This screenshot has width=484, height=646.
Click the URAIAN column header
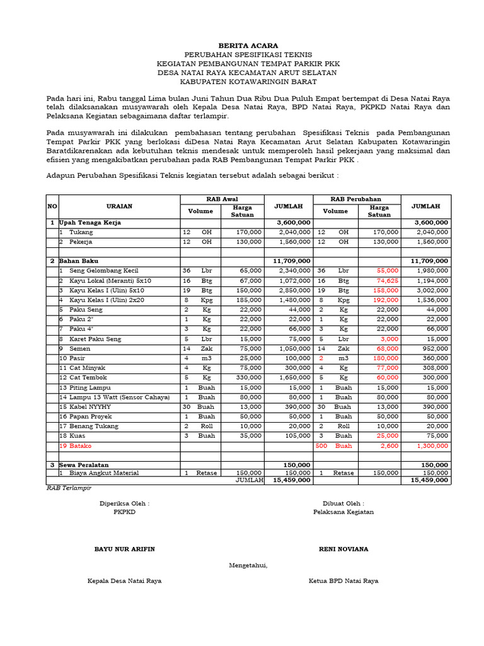coord(118,206)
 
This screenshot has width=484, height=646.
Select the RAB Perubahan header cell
coord(355,199)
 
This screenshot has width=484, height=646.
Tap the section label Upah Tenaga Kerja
coord(89,223)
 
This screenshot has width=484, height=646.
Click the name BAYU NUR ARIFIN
coord(125,549)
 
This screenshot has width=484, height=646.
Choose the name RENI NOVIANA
coord(343,549)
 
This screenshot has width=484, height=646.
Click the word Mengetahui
coord(248,565)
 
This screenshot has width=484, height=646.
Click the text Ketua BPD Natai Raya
coord(343,581)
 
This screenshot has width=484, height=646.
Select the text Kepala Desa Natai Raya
coord(124,581)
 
